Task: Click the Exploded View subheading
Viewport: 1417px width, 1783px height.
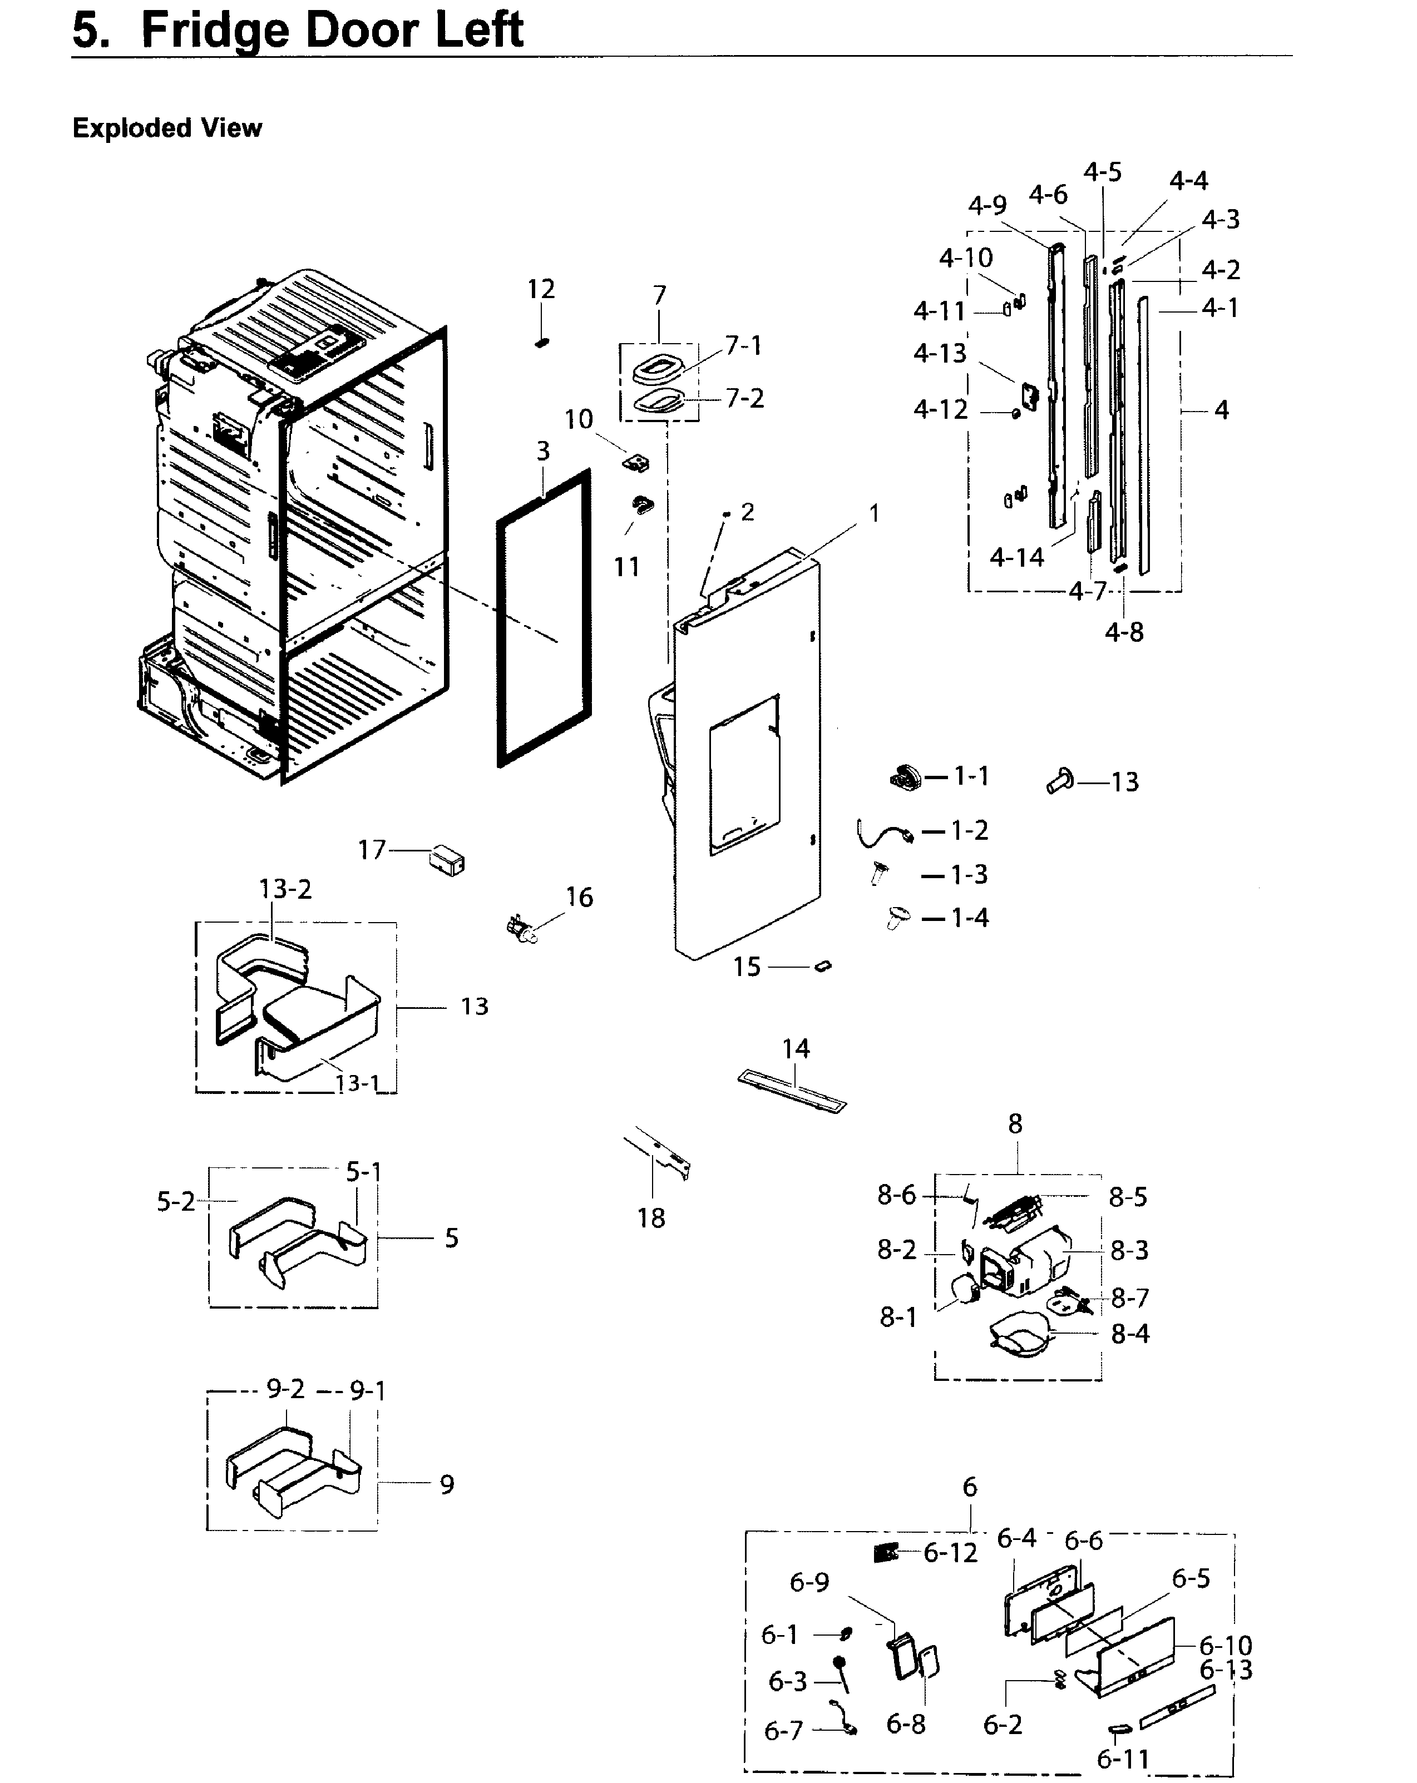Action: [167, 128]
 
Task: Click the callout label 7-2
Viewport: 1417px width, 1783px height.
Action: [744, 399]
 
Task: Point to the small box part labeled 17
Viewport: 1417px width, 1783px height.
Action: [447, 861]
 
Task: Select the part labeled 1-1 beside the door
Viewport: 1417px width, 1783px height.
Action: [906, 777]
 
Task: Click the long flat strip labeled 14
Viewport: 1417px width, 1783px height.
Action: [792, 1091]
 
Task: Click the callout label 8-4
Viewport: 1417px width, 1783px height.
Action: [1130, 1333]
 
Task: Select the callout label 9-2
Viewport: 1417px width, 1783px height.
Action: [285, 1389]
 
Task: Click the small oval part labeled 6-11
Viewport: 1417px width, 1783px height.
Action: [1118, 1727]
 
